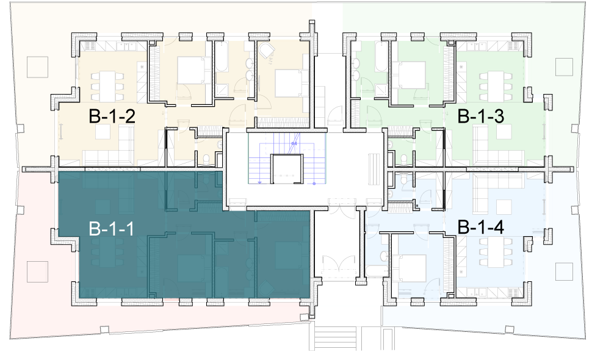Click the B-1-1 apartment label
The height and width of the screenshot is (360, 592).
[111, 229]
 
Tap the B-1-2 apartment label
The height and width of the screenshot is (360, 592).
[112, 116]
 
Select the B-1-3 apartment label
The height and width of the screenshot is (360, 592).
[481, 116]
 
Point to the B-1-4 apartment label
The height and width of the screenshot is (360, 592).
[481, 228]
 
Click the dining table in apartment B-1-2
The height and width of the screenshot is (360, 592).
[107, 87]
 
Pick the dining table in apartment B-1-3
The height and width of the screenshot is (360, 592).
[496, 87]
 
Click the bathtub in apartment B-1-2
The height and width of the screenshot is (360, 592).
[221, 56]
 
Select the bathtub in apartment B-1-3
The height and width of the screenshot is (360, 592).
[381, 56]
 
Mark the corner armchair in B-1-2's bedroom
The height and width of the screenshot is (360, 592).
[267, 50]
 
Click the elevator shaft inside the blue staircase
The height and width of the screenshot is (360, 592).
[287, 168]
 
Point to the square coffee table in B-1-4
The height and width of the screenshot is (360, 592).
[504, 207]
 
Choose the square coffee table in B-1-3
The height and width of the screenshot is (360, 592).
[504, 132]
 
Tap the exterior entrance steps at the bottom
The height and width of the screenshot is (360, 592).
[336, 337]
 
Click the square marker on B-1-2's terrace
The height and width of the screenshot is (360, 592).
[37, 67]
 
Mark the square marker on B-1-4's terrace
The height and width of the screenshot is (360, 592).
[564, 272]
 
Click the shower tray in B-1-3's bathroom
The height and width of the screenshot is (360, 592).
[380, 90]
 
